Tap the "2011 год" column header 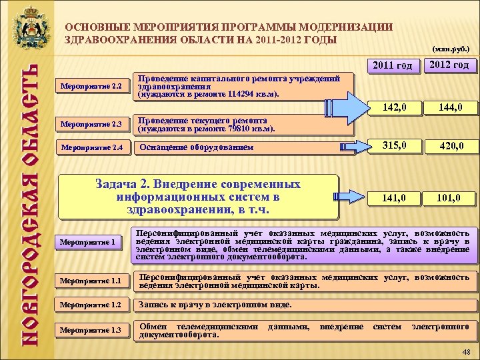pos(393,65)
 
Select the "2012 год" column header pos(448,65)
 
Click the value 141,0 pos(393,197)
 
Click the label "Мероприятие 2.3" pos(91,124)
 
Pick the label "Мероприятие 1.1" pos(91,281)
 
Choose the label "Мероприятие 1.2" pos(91,305)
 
